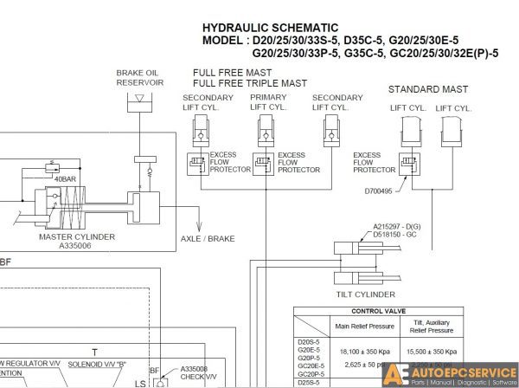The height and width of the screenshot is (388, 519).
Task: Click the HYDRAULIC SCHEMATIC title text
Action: click(x=270, y=29)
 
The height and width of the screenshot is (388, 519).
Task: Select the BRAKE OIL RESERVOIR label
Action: click(x=140, y=78)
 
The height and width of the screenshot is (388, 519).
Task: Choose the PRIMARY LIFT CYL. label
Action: click(x=268, y=102)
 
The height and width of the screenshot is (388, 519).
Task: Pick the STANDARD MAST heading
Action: click(x=428, y=89)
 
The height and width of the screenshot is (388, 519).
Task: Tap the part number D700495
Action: click(x=378, y=191)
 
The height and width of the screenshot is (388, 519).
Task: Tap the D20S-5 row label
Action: click(x=309, y=344)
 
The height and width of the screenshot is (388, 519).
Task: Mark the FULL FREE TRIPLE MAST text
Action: click(x=251, y=83)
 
